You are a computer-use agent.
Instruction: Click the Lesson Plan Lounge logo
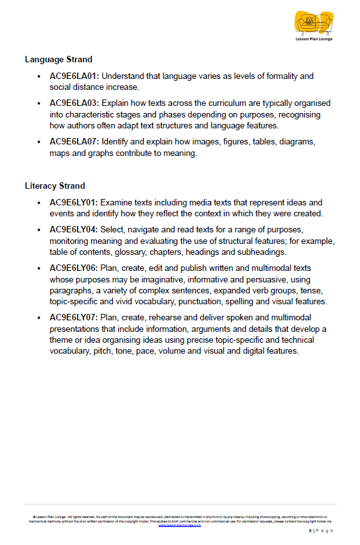click(314, 26)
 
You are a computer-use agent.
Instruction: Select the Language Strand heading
click(58, 60)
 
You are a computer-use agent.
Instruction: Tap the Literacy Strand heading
click(55, 186)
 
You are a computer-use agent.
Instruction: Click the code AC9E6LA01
click(73, 76)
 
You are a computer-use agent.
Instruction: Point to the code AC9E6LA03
click(73, 103)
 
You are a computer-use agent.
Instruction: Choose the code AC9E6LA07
click(73, 143)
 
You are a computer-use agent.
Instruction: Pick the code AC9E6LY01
click(73, 202)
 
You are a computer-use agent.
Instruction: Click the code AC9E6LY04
click(73, 229)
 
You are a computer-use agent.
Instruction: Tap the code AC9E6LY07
click(73, 318)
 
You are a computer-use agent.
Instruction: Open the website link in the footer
click(180, 525)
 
